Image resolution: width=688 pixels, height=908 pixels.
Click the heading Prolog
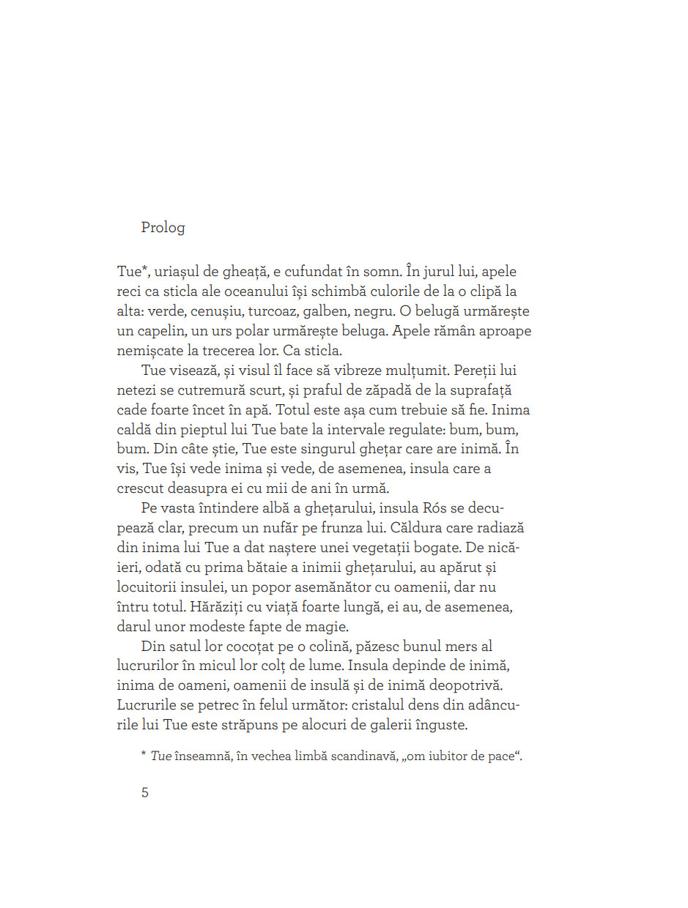tap(163, 228)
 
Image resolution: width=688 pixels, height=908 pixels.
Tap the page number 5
tap(145, 792)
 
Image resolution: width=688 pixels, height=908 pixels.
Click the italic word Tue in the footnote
tap(160, 756)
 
